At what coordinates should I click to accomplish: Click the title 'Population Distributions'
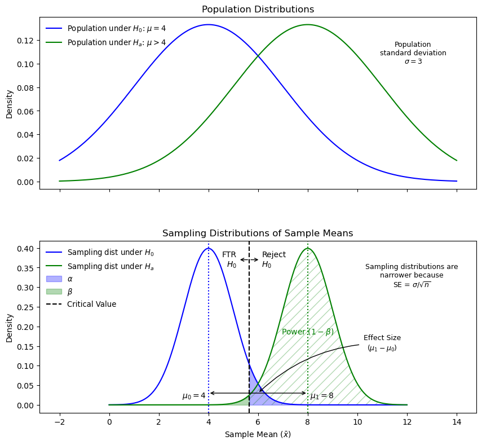[x=258, y=10]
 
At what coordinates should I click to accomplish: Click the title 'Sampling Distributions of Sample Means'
[x=258, y=233]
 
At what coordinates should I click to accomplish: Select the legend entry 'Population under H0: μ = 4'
[x=116, y=28]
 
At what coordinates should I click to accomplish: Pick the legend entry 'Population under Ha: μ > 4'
[x=116, y=42]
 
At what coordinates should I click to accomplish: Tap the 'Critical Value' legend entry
[x=91, y=305]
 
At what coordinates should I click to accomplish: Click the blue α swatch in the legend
[x=54, y=279]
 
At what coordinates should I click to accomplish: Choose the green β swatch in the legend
[x=54, y=292]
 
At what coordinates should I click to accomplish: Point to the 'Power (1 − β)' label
[x=308, y=332]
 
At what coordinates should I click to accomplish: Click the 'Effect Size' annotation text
[x=382, y=338]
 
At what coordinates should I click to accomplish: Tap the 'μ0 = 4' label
[x=194, y=396]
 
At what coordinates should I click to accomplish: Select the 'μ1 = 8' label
[x=322, y=396]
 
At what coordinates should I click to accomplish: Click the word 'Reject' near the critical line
[x=274, y=255]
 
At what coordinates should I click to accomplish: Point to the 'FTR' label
[x=229, y=255]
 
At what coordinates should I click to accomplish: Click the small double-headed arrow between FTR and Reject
[x=249, y=259]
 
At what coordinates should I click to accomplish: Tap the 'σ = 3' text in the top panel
[x=413, y=61]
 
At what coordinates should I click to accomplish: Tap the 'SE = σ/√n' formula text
[x=412, y=285]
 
